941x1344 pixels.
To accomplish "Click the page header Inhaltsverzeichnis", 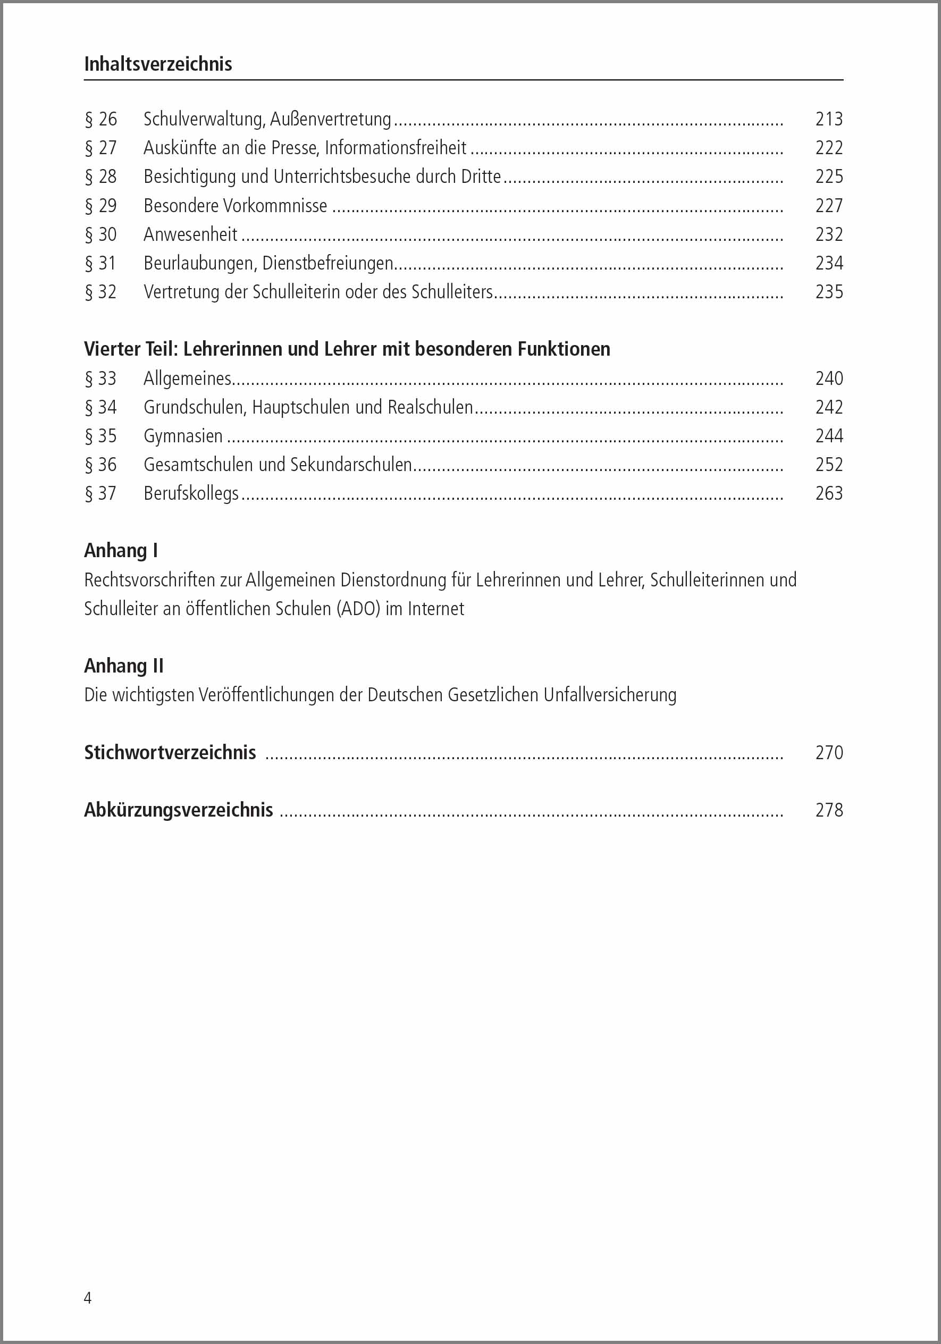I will tap(158, 64).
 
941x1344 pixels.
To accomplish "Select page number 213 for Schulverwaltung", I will tap(829, 120).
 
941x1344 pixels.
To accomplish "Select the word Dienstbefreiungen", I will tap(327, 263).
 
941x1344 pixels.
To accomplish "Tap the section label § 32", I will tap(100, 292).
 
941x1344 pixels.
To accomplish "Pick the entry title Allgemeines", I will tap(188, 379).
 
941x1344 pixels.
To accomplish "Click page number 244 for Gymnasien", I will tap(829, 436).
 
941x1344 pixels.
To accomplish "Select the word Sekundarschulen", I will tap(351, 465).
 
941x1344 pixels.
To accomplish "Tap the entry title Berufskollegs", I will tap(191, 493).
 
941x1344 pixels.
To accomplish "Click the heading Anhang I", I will tap(121, 551).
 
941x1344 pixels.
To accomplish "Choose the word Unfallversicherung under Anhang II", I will tap(610, 695).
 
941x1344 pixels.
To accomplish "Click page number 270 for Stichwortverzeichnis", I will tap(829, 753).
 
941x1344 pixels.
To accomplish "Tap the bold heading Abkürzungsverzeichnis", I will tap(179, 810).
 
